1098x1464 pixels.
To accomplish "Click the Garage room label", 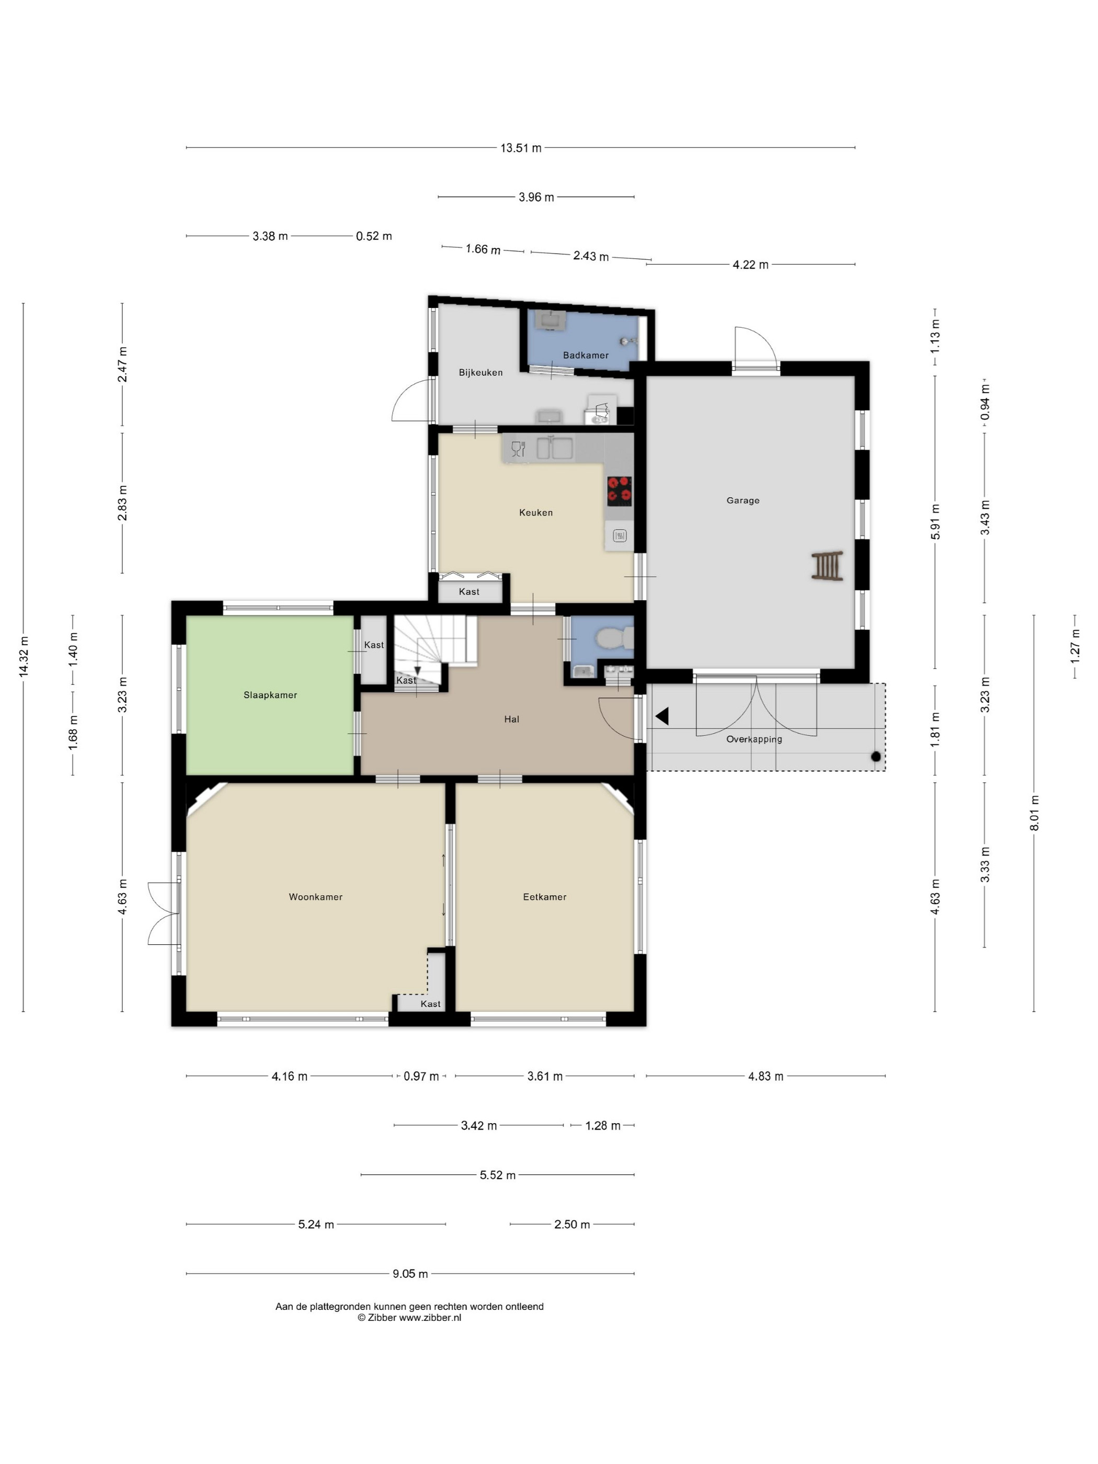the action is [x=742, y=500].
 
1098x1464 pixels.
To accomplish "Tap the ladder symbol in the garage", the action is [x=827, y=566].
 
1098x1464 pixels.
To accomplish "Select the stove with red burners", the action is [x=619, y=491].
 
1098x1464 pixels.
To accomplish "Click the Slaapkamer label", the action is [x=270, y=695].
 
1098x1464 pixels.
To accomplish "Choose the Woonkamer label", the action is [x=316, y=897].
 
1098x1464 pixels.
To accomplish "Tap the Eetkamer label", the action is [x=545, y=897].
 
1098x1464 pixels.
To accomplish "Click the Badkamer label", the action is [x=586, y=356].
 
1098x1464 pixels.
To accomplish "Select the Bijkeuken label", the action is [x=481, y=373].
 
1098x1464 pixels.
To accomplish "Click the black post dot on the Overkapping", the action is [x=876, y=757].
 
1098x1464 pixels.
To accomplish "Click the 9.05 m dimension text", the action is [x=410, y=1273].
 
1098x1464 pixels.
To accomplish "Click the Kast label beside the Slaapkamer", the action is [x=374, y=645].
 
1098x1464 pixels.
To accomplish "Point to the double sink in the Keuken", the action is [x=555, y=448].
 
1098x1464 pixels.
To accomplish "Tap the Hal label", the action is [x=511, y=719].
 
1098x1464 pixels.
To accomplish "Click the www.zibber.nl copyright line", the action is [x=410, y=1318].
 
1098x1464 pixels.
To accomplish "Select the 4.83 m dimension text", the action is [x=766, y=1077].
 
